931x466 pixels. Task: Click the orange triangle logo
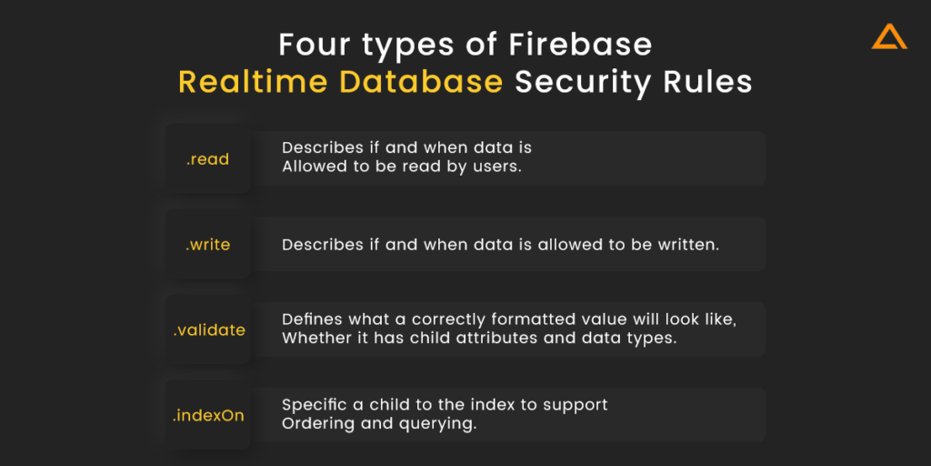[889, 36]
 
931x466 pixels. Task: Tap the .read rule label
[207, 159]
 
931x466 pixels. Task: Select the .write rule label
[208, 245]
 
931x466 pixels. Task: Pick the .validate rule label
[209, 329]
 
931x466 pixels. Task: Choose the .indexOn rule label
[208, 415]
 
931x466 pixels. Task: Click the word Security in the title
[581, 84]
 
